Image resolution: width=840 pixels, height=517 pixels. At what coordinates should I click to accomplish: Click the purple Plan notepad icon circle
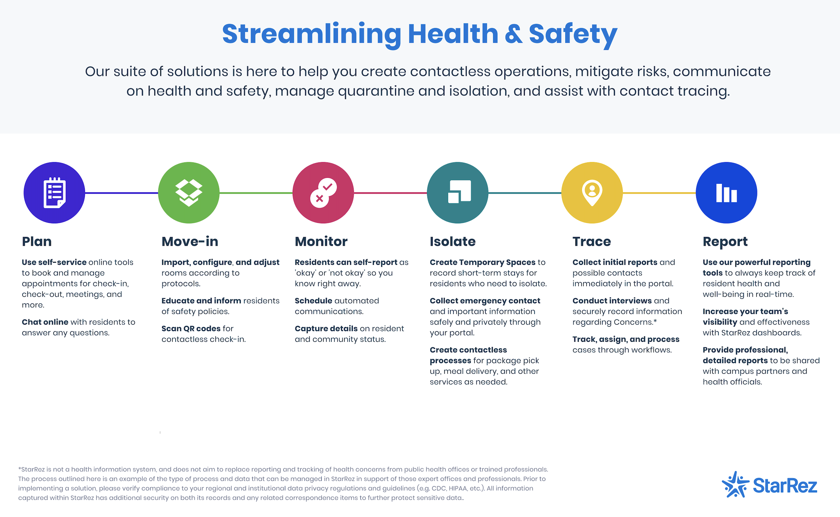54,193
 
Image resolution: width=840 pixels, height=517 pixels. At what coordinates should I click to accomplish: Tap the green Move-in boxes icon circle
189,193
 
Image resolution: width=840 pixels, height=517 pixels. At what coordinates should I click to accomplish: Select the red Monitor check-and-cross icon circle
323,193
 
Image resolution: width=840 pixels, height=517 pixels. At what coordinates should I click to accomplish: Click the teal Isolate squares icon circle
458,193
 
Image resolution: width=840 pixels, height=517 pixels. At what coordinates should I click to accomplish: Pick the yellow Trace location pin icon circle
592,193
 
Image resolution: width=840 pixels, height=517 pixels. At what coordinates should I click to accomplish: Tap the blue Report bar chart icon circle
726,193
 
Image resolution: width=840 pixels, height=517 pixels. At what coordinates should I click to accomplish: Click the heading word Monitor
321,242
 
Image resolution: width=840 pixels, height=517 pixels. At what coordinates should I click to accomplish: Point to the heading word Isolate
453,242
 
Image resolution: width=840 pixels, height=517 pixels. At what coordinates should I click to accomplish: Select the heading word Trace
592,242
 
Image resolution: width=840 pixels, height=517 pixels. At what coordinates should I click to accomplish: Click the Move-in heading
190,242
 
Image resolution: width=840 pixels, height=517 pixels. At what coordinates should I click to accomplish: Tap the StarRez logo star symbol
735,485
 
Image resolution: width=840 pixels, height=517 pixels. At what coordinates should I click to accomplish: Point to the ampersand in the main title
513,34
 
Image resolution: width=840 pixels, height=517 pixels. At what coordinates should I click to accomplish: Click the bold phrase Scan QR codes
191,329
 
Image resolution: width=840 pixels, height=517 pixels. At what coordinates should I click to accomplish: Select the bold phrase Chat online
45,322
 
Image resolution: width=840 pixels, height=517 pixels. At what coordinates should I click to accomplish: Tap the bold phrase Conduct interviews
612,301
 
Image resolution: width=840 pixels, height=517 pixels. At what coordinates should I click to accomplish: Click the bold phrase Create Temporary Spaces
483,263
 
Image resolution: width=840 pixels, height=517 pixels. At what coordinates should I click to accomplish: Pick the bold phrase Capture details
326,329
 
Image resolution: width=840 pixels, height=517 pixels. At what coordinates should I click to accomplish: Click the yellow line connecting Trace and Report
659,193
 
